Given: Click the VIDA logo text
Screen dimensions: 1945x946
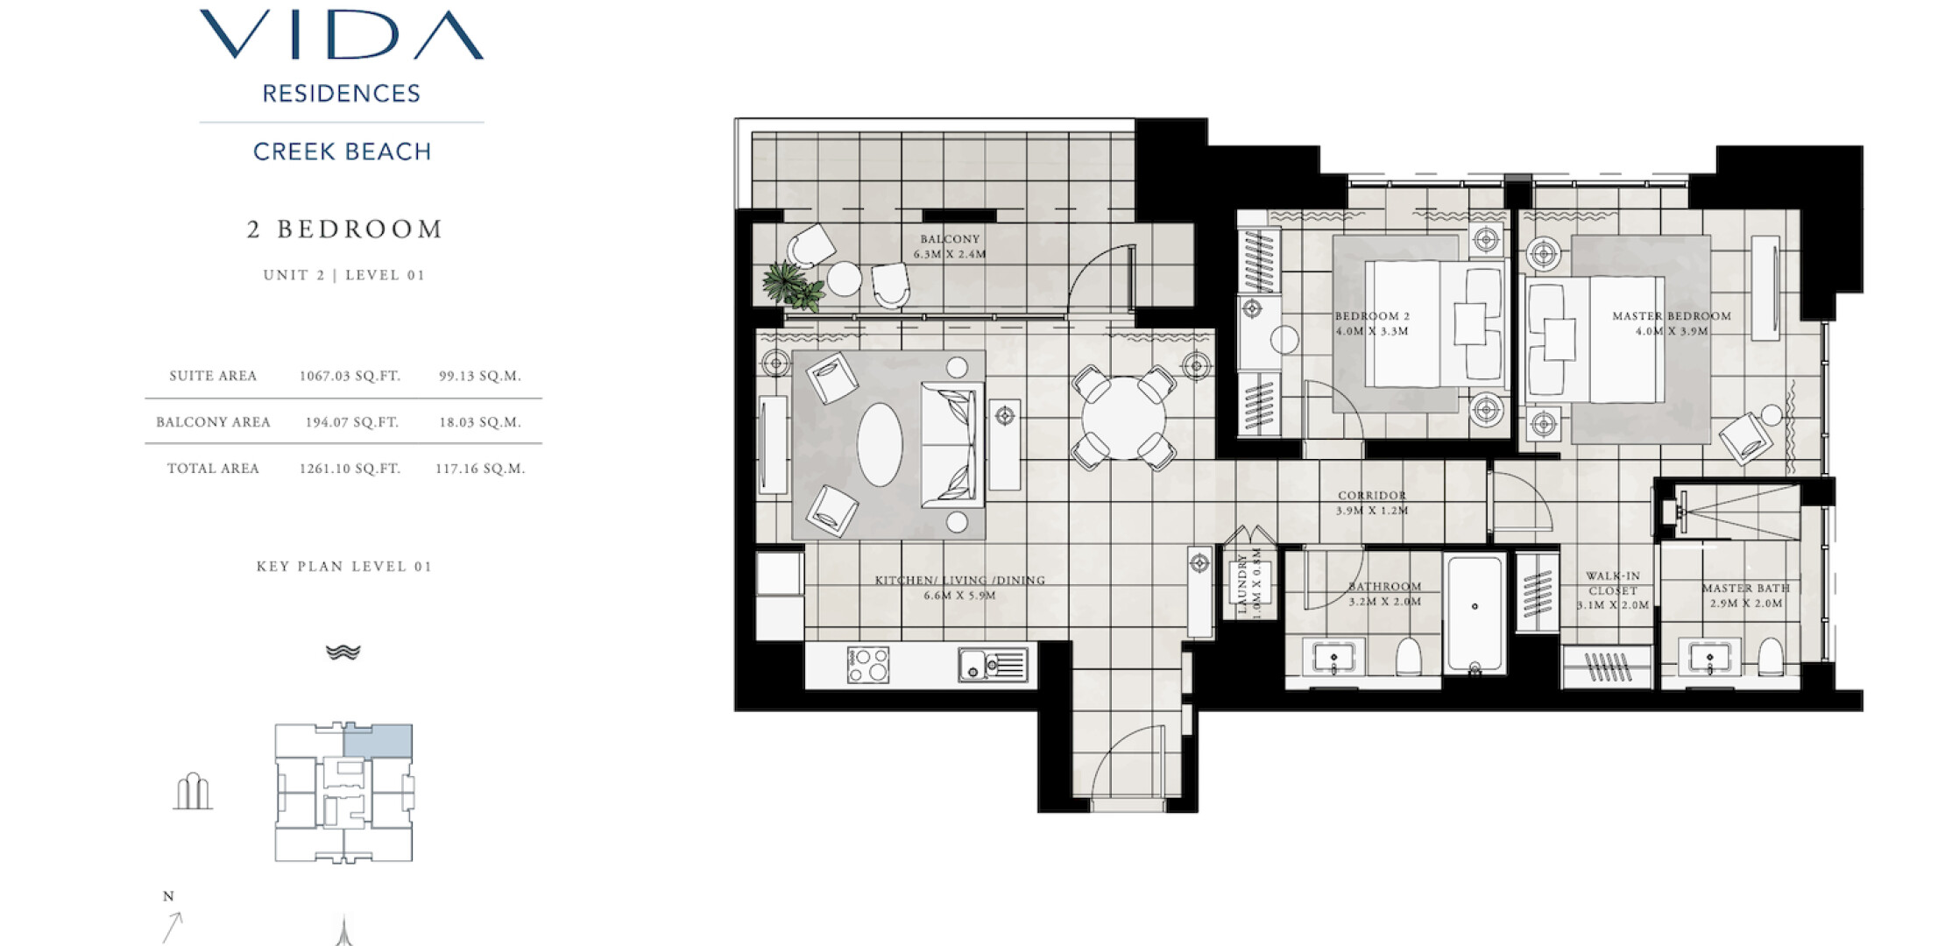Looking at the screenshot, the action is click(342, 35).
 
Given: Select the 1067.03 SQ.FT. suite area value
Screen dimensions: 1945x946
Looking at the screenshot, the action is click(350, 376).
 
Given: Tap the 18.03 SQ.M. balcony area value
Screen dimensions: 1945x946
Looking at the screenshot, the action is click(480, 422).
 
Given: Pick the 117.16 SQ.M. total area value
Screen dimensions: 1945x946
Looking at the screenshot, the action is click(480, 469).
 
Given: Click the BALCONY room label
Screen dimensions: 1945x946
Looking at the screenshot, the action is click(950, 238).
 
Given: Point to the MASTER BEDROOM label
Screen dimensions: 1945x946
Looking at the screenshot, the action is click(1672, 316).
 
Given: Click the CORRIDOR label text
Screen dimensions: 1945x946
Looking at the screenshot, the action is click(1372, 496).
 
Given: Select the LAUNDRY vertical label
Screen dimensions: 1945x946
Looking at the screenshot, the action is click(1241, 582).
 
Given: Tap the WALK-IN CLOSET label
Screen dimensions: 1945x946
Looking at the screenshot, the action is click(1613, 583).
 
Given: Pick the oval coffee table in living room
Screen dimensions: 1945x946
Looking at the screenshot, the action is click(880, 444).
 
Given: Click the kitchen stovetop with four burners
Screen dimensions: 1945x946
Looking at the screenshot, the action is click(867, 665).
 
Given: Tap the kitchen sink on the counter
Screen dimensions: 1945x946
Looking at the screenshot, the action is click(993, 665).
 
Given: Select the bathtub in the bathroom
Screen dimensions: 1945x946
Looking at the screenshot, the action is click(1475, 613).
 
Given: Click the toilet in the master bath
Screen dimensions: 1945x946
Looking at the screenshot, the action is click(1771, 656).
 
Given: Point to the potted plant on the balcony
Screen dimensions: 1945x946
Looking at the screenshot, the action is click(793, 286).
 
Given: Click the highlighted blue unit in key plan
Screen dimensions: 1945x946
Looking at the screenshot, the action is click(378, 741).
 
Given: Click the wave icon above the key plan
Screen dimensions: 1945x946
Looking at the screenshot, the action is click(343, 652).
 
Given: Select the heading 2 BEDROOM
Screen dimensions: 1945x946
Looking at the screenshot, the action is click(344, 229).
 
